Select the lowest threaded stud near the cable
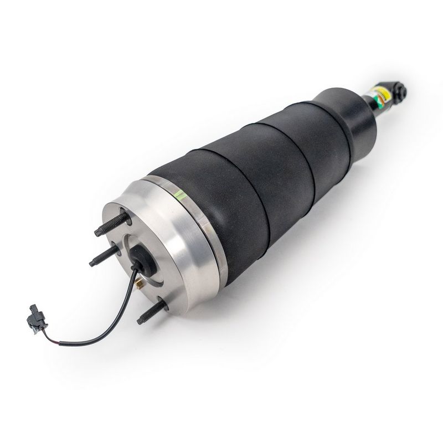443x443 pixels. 150,312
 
